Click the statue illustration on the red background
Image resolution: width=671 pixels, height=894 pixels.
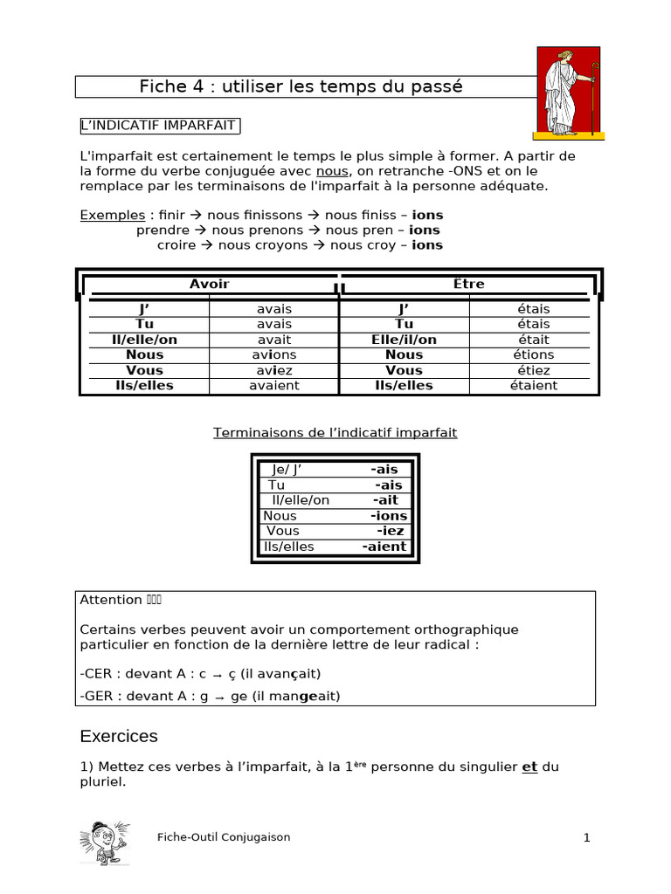click(x=568, y=93)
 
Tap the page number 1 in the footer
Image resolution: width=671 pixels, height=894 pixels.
click(x=587, y=838)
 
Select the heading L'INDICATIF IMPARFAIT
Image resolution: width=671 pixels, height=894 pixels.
click(x=158, y=126)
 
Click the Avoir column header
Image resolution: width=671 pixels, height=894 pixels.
click(x=210, y=284)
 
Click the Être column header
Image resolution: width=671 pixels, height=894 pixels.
click(x=469, y=284)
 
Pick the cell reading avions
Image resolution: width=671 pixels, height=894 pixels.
click(x=274, y=354)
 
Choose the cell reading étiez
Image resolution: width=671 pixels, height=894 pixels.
click(x=533, y=370)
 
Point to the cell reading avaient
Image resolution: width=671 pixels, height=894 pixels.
click(x=274, y=385)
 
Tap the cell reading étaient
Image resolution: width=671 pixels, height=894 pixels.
click(x=533, y=385)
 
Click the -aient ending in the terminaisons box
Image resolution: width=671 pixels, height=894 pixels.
click(x=384, y=547)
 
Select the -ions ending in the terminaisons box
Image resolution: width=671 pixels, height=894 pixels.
click(x=389, y=516)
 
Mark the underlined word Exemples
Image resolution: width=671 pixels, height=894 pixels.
click(x=113, y=215)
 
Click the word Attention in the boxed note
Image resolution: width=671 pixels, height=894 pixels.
click(x=111, y=600)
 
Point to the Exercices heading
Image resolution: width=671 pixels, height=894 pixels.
click(x=119, y=736)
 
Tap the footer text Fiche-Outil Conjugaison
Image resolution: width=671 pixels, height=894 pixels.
click(x=224, y=837)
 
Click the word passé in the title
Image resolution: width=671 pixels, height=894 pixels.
click(x=427, y=86)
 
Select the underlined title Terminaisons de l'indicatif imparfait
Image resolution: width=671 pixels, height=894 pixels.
click(x=335, y=433)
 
